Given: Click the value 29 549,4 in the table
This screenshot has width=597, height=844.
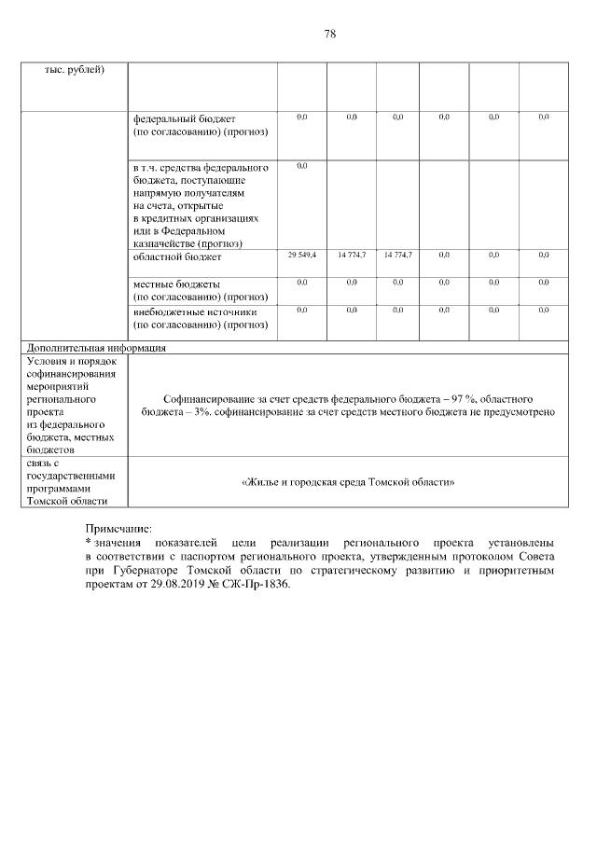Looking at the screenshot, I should (x=302, y=255).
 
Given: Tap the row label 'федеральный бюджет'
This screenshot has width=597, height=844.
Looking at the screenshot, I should (x=185, y=119).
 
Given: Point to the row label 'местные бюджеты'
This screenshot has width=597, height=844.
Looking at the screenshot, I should (x=177, y=284).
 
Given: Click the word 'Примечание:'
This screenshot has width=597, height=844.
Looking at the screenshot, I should (x=117, y=529).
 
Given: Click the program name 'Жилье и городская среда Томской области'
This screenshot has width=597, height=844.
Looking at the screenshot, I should (x=348, y=482).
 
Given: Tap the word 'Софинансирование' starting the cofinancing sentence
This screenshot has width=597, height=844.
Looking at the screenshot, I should (x=204, y=397).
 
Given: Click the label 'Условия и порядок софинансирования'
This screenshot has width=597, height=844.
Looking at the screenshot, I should (x=71, y=366).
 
